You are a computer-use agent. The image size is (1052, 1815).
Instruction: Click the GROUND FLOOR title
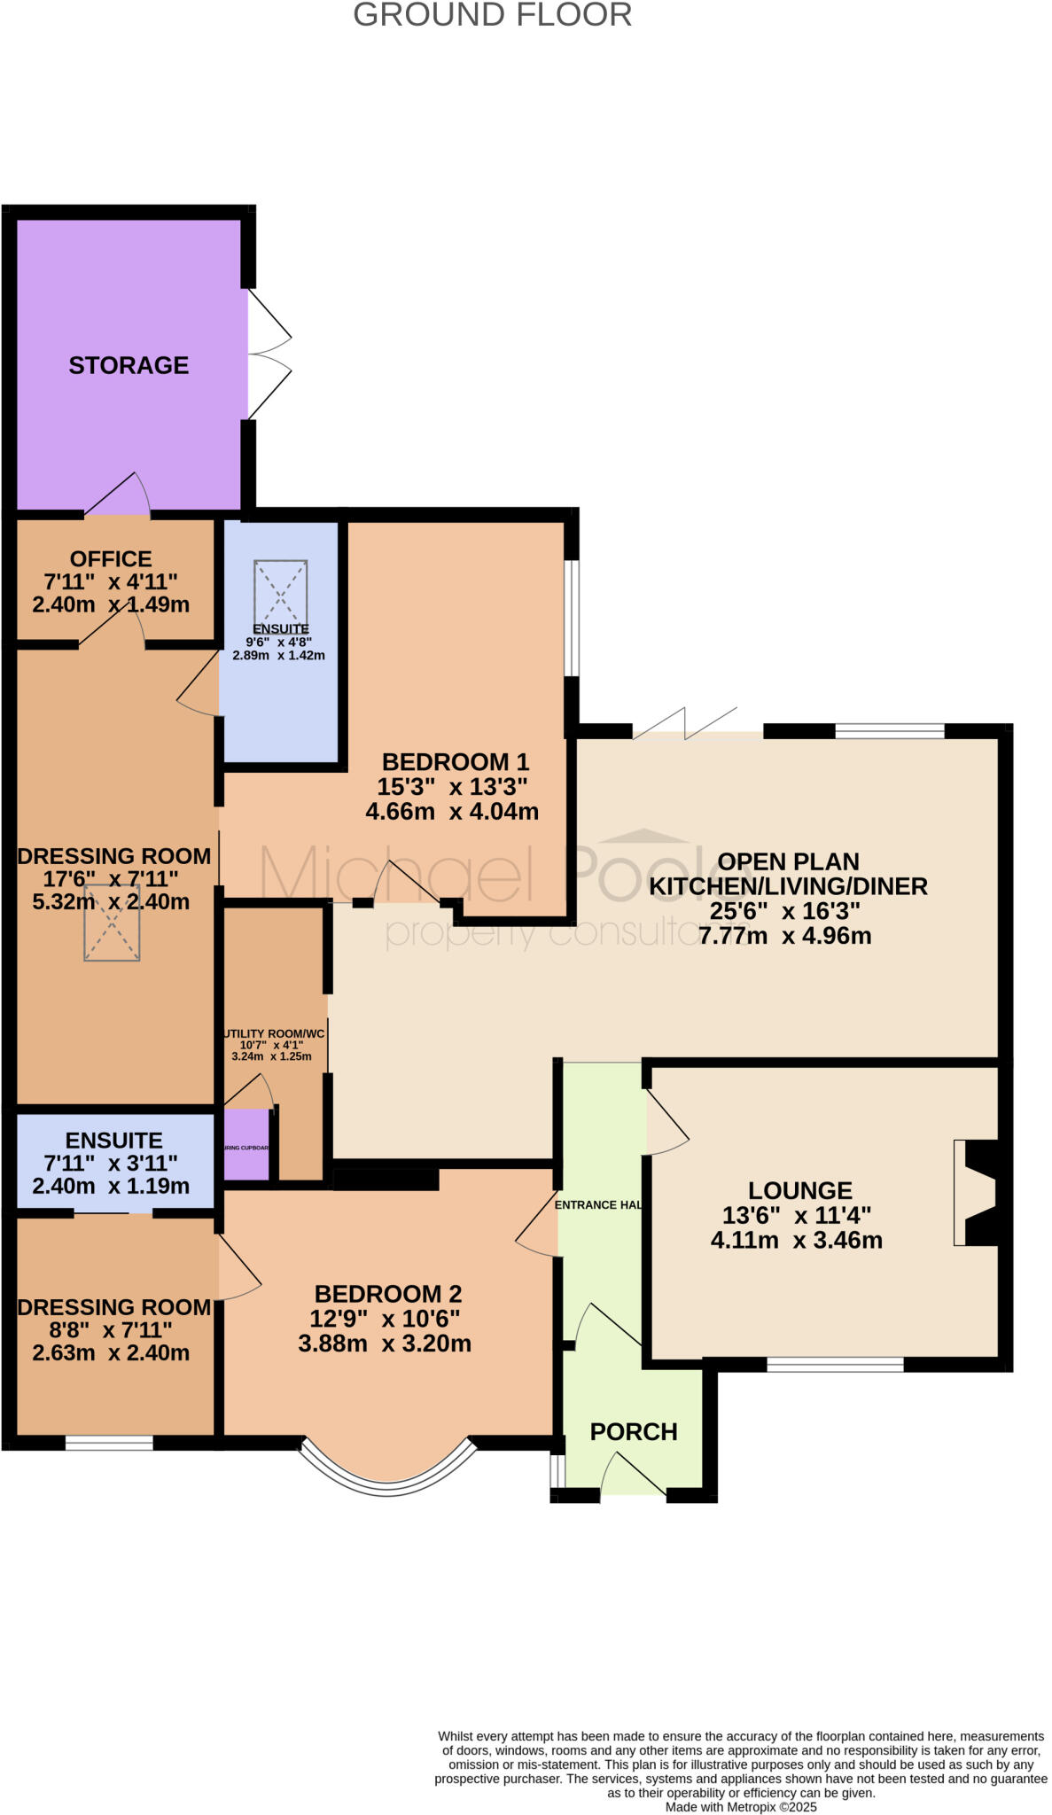click(492, 15)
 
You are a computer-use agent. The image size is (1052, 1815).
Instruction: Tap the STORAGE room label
click(129, 365)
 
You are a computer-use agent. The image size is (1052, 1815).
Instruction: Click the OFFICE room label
click(111, 559)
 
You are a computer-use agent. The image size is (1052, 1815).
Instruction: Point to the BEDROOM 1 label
click(455, 761)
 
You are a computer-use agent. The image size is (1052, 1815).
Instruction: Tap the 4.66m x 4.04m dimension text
click(452, 811)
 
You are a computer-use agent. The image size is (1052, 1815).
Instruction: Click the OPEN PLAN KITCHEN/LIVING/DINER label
click(788, 874)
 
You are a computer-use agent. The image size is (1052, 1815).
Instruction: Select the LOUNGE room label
click(799, 1190)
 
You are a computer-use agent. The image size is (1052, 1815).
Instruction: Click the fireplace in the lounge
click(979, 1193)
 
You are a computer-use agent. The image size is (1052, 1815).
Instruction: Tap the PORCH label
click(634, 1431)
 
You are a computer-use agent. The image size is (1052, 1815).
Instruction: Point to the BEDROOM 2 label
click(388, 1294)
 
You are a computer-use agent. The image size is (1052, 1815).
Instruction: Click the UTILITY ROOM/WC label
click(273, 1034)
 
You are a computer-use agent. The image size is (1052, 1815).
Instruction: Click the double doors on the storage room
click(268, 354)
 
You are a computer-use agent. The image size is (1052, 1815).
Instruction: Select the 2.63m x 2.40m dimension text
click(111, 1353)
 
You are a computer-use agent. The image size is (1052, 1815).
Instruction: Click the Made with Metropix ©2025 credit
click(741, 1806)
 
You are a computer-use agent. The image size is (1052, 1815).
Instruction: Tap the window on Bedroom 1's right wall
click(573, 618)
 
